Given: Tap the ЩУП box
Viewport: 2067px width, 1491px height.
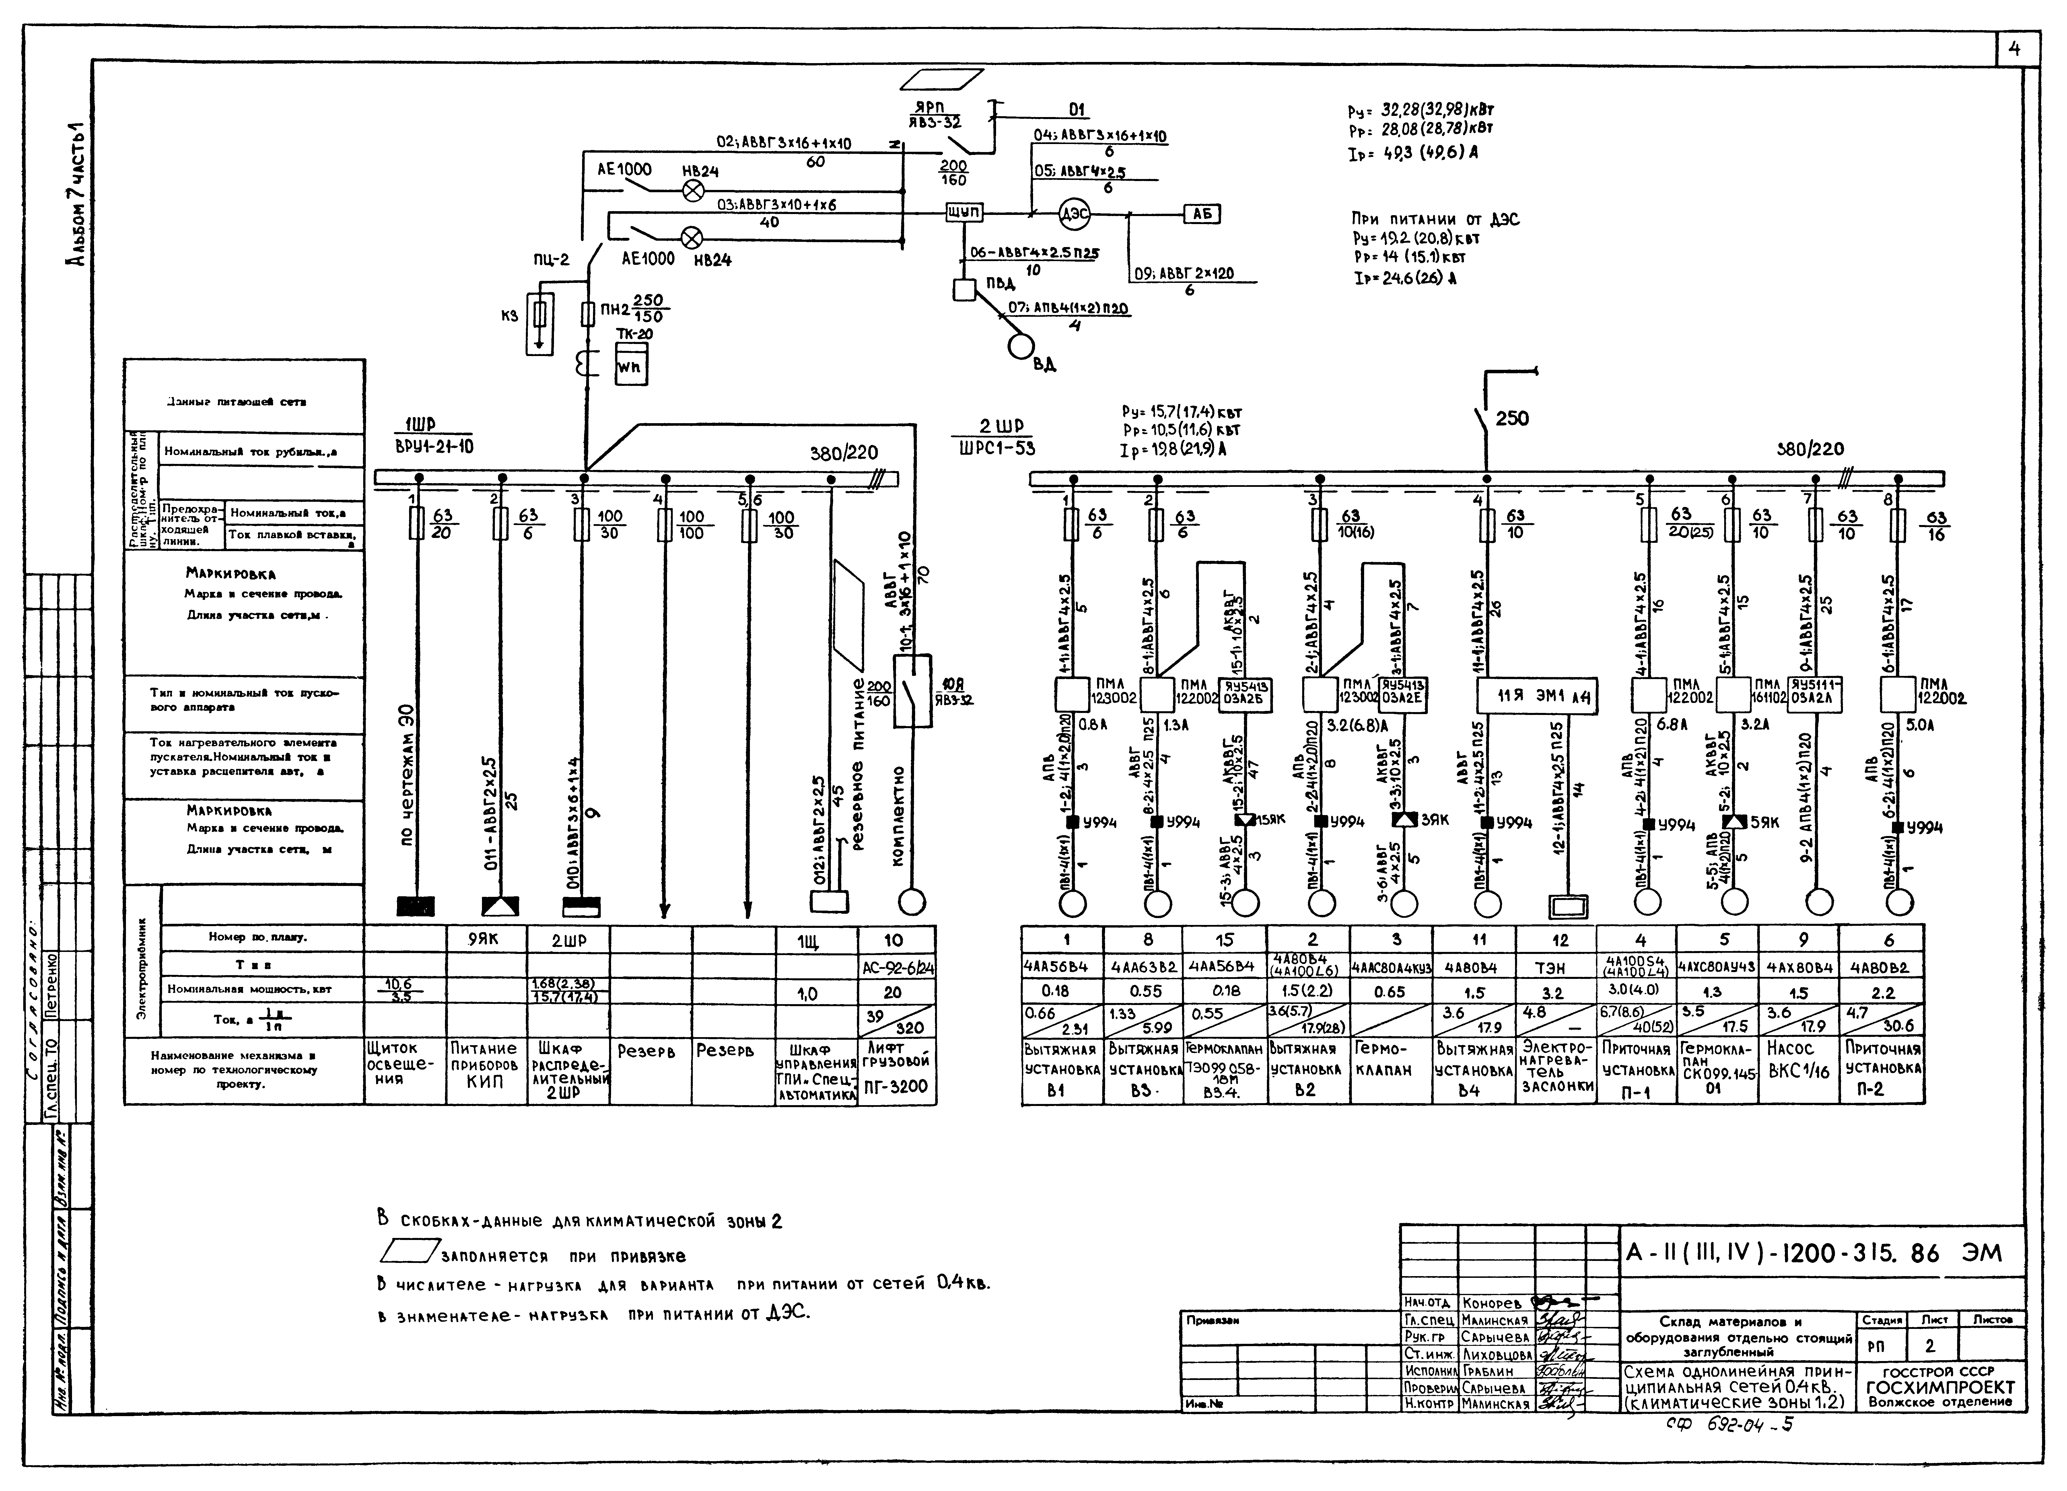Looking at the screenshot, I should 963,212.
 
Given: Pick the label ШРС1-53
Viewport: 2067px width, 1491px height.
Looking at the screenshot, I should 997,448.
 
